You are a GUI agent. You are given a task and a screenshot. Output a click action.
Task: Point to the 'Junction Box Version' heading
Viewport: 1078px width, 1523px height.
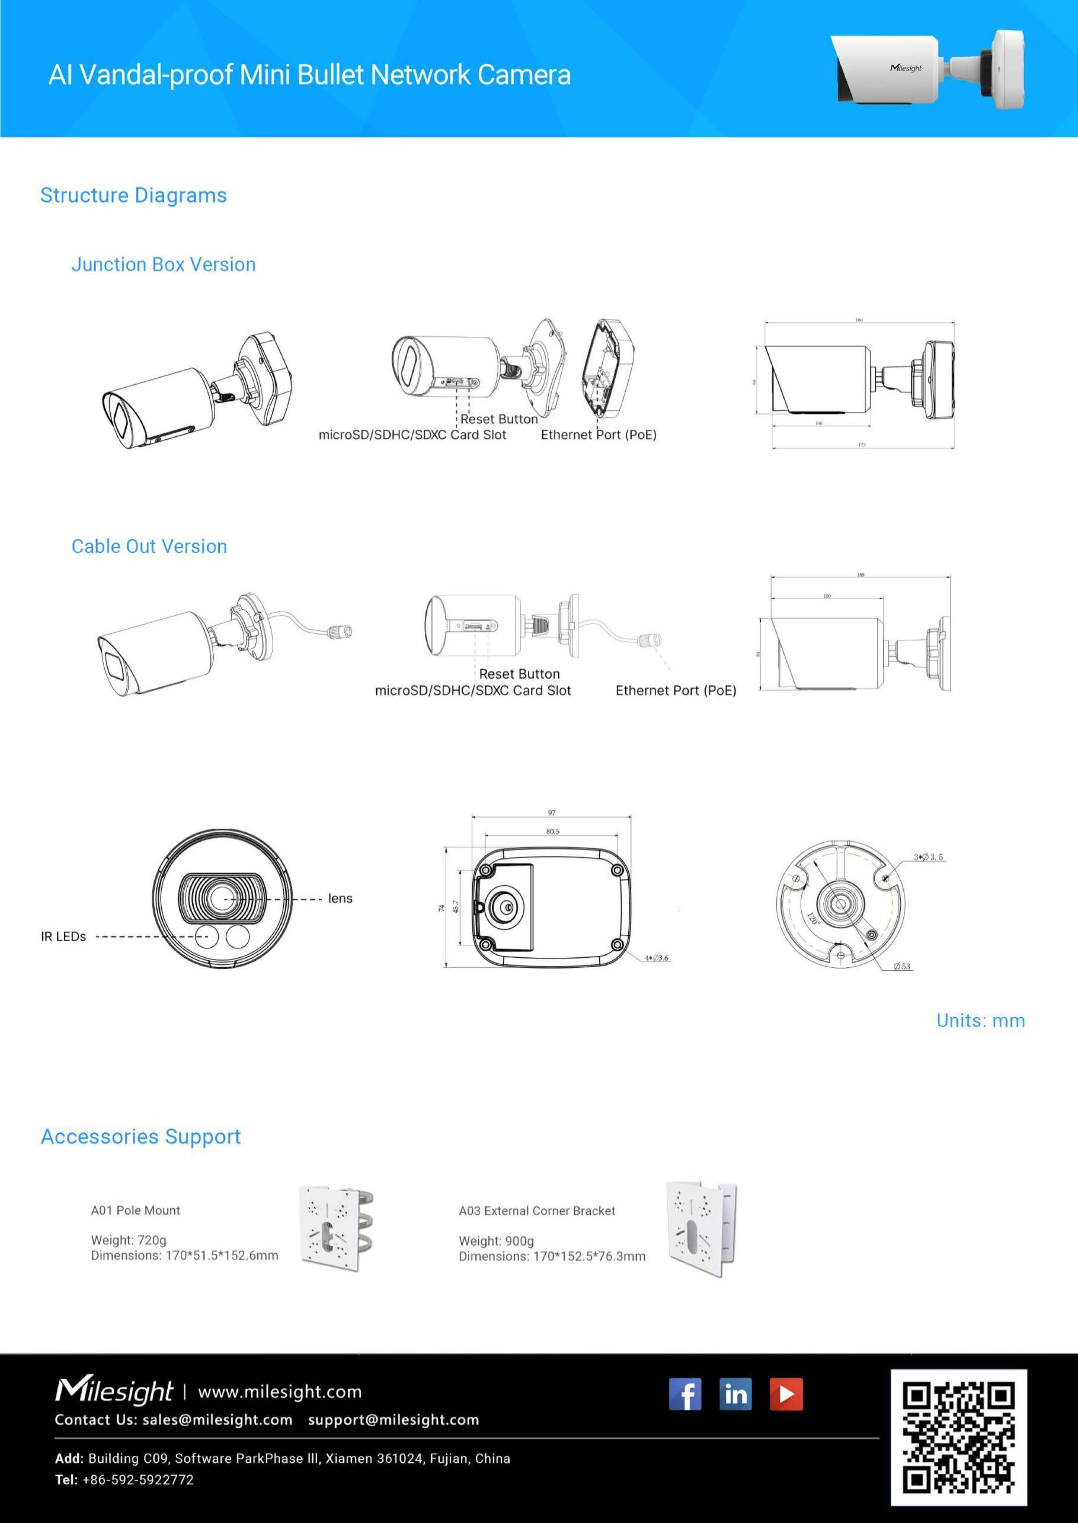pos(163,265)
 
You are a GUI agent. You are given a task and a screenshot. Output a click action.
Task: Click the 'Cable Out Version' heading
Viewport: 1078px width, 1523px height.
pos(149,547)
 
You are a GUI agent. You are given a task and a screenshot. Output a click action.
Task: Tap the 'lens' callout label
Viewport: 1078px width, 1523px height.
pos(340,899)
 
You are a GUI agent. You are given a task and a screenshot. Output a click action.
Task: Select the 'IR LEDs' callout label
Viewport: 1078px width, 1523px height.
pos(64,936)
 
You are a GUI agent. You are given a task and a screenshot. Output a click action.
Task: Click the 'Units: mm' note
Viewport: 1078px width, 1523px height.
pos(980,1021)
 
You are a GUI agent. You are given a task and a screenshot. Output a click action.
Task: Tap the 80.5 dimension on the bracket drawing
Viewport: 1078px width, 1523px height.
pos(552,831)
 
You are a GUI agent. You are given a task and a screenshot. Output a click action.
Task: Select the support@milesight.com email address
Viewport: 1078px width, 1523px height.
pos(394,1420)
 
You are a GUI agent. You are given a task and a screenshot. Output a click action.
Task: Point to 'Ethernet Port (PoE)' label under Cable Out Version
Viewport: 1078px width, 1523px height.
pos(676,691)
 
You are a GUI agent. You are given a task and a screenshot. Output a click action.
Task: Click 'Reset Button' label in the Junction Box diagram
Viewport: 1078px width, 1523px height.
pos(499,419)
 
